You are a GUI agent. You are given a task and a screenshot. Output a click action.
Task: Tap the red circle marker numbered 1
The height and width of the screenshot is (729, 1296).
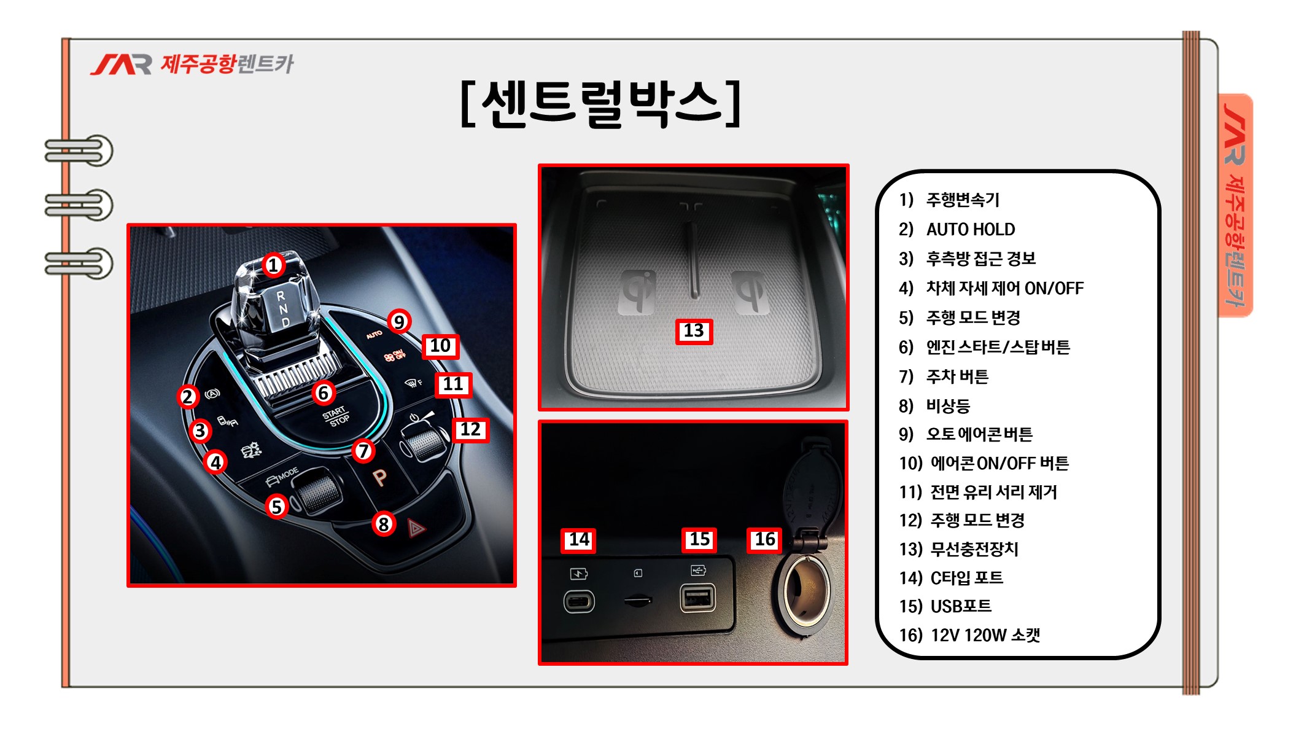[x=273, y=265]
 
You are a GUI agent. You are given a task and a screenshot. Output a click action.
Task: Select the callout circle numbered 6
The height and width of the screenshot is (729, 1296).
[x=323, y=393]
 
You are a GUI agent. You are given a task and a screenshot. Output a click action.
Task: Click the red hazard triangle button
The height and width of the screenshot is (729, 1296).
[x=416, y=528]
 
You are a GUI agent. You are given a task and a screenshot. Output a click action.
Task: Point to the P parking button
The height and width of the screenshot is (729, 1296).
[x=380, y=477]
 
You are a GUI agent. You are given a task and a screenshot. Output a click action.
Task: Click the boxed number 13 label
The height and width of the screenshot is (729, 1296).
[x=694, y=331]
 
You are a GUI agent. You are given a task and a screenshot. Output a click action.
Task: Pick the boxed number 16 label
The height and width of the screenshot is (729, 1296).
[x=764, y=540]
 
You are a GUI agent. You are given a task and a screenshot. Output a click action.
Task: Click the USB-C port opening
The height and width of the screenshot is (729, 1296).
[x=579, y=601]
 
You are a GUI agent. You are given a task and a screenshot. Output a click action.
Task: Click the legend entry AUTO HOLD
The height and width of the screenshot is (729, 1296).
[x=970, y=230]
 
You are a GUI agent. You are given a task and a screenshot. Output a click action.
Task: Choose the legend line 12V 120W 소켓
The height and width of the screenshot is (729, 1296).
[x=985, y=635]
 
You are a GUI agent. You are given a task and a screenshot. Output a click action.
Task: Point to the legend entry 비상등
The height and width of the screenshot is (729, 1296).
[x=948, y=406]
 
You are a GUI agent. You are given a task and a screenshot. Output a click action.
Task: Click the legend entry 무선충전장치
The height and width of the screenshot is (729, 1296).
[x=974, y=549]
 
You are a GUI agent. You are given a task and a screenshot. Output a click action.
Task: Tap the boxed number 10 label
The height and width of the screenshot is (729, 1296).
[x=440, y=346]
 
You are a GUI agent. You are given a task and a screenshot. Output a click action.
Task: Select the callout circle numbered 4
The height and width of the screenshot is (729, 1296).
[x=215, y=462]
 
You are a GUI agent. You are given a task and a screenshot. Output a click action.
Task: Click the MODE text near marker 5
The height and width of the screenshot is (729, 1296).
[x=288, y=474]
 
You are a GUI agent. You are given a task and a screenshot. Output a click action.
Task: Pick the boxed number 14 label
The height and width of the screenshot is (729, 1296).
[x=579, y=540]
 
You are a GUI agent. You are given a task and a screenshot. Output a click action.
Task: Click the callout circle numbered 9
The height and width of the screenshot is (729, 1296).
[x=399, y=321]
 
